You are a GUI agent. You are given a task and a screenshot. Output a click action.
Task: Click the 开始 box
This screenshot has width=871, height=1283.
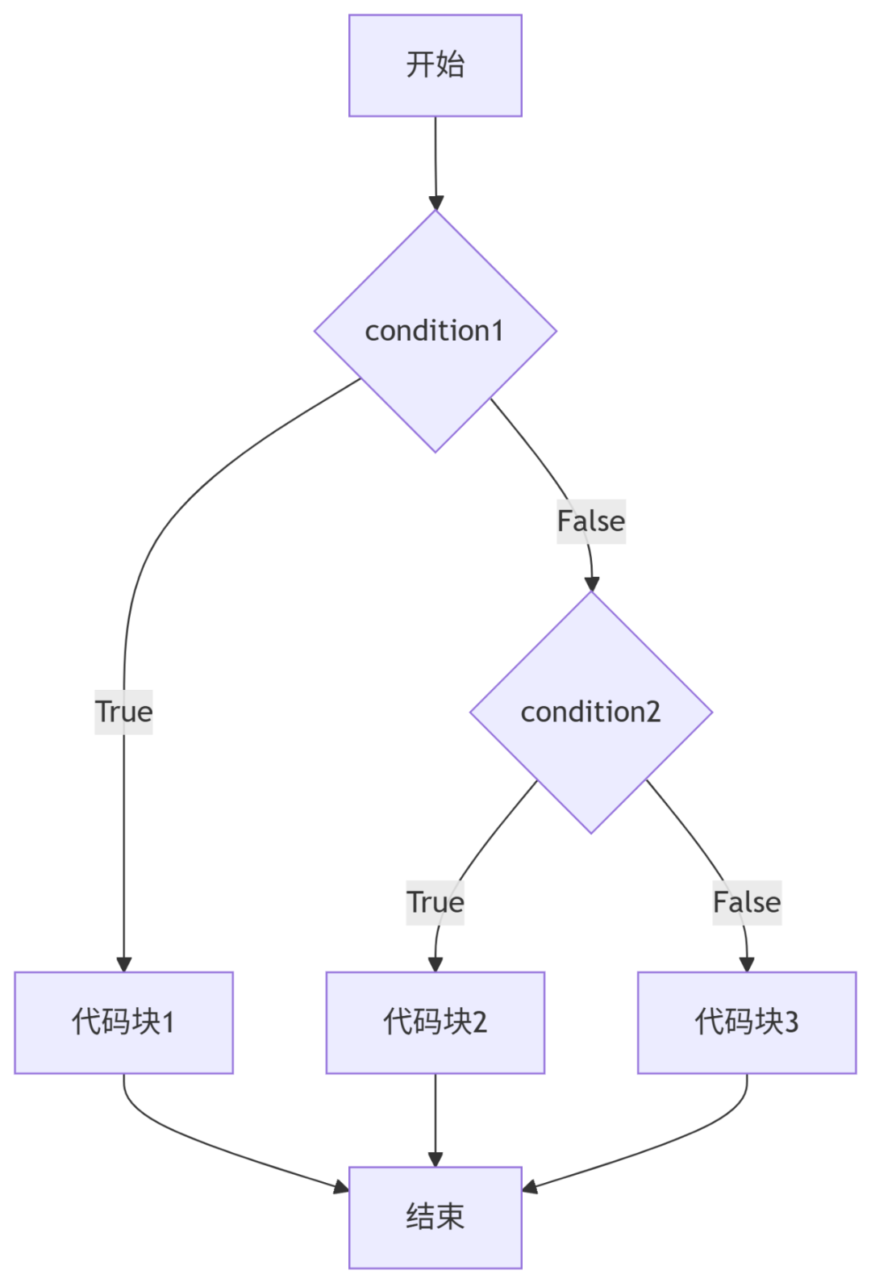[435, 65]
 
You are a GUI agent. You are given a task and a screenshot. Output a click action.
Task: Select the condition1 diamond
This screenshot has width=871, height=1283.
[435, 331]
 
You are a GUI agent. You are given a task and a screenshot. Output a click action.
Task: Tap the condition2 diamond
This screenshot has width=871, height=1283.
[591, 712]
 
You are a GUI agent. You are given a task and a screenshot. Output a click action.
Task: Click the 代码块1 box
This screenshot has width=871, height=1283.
[123, 1022]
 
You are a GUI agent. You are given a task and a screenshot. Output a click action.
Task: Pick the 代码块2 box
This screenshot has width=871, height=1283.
[435, 1022]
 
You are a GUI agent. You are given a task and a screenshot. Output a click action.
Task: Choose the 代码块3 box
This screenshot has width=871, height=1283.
[747, 1022]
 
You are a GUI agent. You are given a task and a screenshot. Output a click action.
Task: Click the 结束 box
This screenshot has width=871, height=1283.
[435, 1217]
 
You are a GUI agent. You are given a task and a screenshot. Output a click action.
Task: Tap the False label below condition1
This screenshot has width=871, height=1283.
[591, 521]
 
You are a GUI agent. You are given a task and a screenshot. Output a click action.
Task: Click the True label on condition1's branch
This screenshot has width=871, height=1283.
[123, 712]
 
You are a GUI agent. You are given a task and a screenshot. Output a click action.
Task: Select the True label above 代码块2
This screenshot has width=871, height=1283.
[435, 902]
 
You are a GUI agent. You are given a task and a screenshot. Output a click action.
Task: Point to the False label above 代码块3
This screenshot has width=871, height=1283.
[747, 902]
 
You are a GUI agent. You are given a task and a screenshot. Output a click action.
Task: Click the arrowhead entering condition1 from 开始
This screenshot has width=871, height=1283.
[436, 203]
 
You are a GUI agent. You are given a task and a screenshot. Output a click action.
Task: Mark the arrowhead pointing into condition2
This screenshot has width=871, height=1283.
[592, 583]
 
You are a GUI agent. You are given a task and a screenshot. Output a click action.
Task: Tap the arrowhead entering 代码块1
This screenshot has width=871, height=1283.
[123, 964]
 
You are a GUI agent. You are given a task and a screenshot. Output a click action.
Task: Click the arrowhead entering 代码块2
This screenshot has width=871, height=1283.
[435, 964]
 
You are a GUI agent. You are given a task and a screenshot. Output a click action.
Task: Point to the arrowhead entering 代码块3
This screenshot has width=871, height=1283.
[747, 964]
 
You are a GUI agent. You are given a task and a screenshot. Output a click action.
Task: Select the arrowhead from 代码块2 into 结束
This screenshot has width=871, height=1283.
[435, 1160]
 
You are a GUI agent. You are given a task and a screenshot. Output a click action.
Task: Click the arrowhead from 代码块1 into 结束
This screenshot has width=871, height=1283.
[342, 1187]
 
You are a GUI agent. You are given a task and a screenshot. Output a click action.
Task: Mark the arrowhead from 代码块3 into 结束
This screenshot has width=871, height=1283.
[529, 1187]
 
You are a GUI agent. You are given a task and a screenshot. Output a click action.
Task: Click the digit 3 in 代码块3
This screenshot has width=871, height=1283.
[791, 1022]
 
